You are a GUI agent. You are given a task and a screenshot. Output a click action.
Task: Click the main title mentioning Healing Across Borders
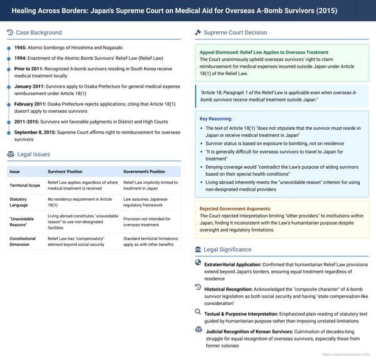(x=187, y=11)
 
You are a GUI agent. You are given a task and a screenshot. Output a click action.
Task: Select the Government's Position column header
(x=144, y=171)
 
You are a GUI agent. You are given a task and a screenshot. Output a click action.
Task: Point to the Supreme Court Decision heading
(x=235, y=33)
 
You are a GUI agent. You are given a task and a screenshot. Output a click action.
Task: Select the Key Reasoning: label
(x=216, y=118)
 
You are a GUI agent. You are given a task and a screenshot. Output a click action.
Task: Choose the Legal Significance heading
(x=231, y=250)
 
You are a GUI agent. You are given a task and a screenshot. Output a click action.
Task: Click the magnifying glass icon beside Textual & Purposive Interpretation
(x=198, y=311)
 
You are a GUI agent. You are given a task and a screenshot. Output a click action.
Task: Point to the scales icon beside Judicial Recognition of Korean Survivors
(x=198, y=328)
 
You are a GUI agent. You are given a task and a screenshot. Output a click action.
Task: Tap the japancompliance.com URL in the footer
(x=345, y=354)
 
